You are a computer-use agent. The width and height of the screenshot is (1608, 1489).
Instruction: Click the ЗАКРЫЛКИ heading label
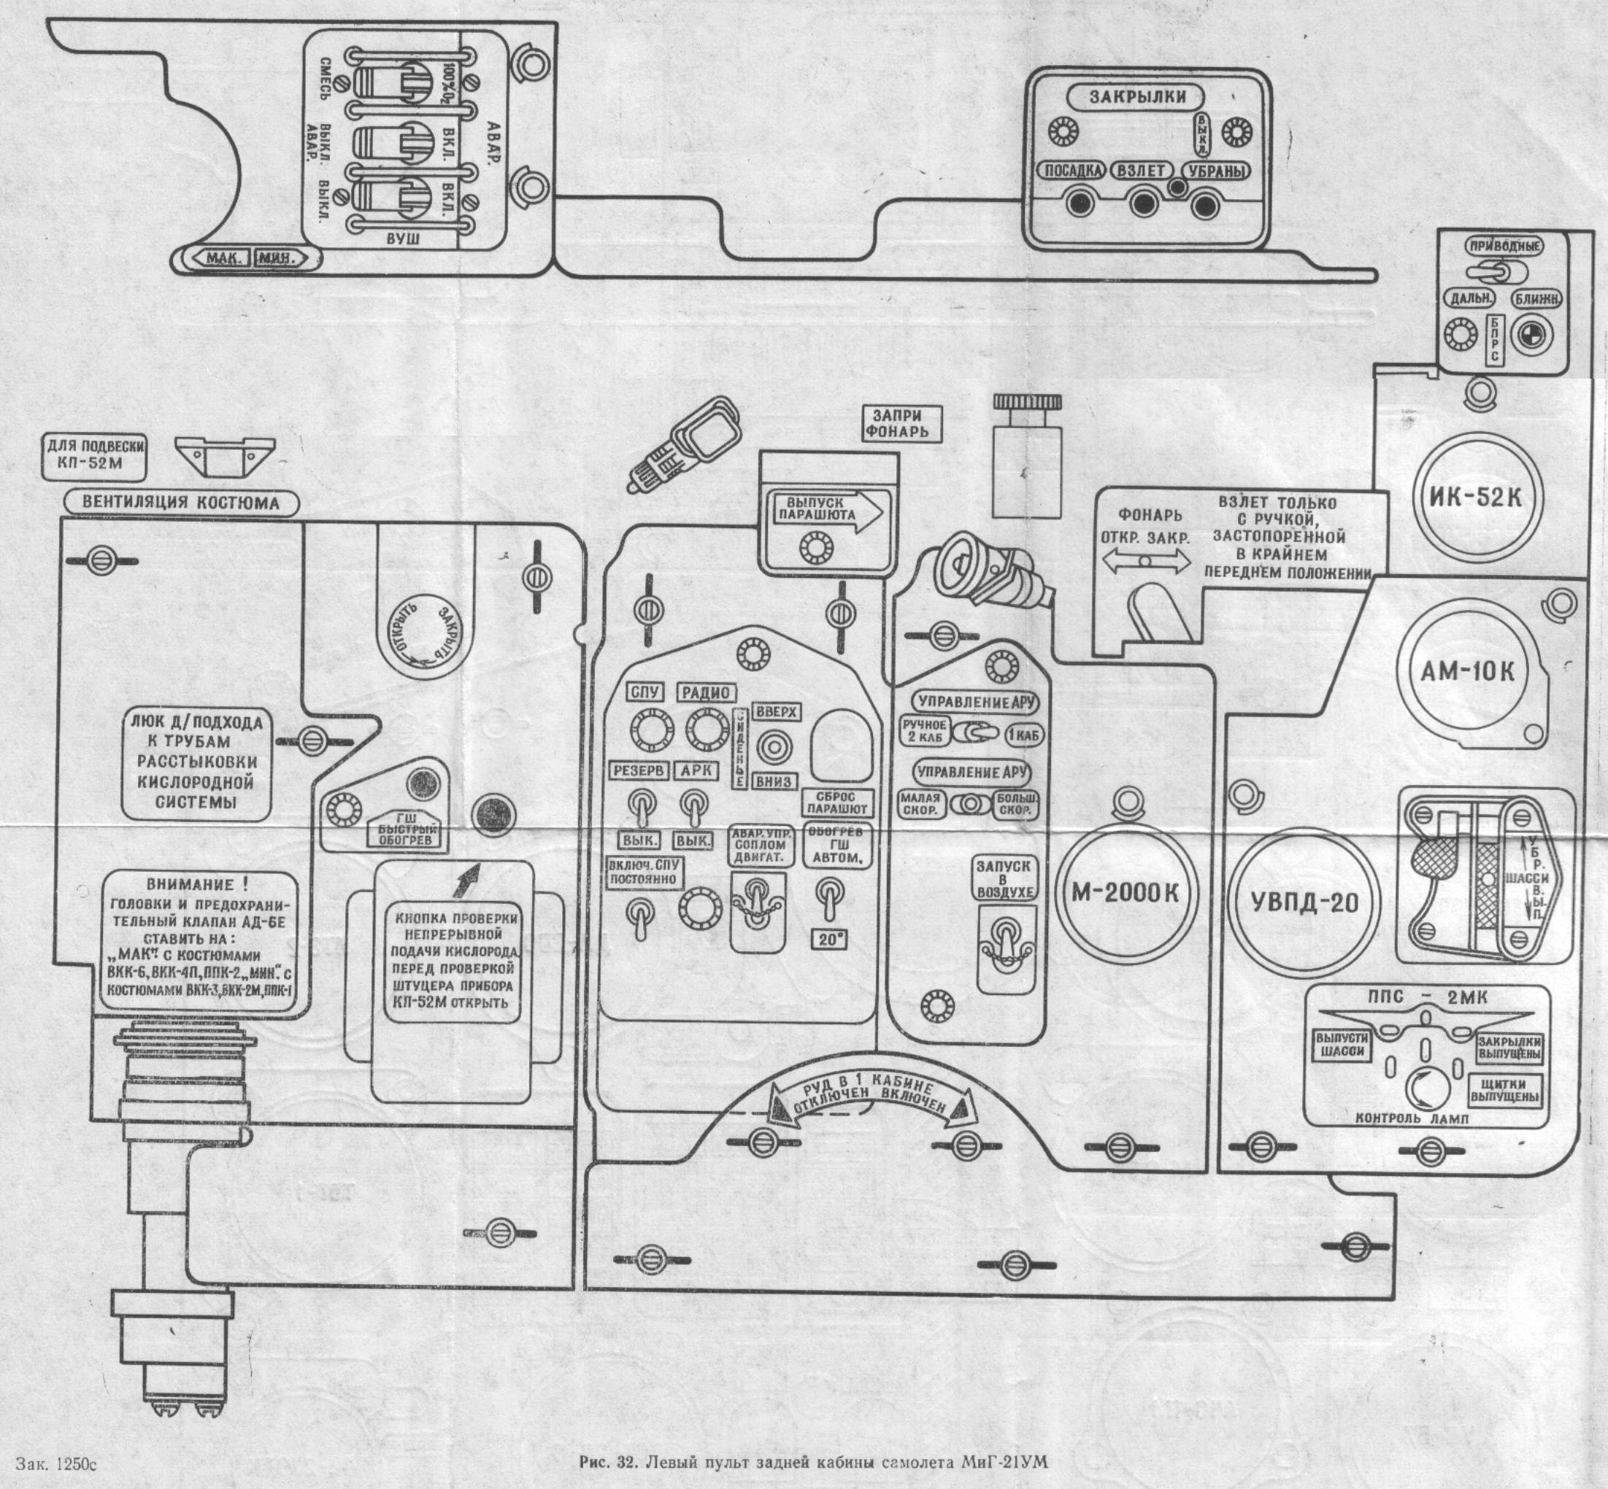tap(1136, 98)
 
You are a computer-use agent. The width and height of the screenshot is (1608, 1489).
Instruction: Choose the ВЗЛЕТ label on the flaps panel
tap(1142, 171)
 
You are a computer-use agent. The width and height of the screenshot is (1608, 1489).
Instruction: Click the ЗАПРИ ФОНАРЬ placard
tap(896, 424)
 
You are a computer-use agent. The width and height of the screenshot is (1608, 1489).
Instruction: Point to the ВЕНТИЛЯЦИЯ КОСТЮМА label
tap(180, 503)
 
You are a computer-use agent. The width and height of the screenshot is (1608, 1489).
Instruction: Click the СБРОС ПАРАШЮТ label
tap(837, 802)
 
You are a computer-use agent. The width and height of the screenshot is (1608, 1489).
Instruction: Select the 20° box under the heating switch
tap(828, 940)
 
